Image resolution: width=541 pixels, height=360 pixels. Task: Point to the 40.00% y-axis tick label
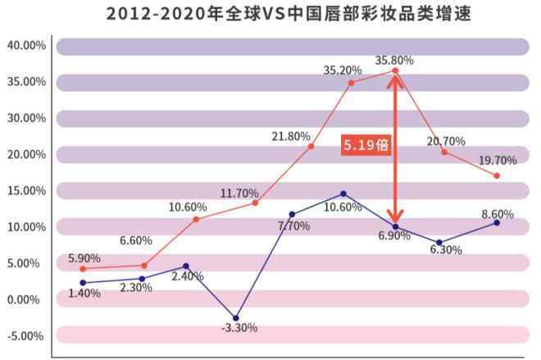point(27,45)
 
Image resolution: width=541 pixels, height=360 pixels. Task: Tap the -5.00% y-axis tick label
point(27,335)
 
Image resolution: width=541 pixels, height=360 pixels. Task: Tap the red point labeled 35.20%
point(351,83)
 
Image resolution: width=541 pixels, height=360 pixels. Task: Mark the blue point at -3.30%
point(236,318)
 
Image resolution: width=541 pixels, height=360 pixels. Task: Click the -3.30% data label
point(239,328)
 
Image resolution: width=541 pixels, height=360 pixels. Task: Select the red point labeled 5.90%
point(83,269)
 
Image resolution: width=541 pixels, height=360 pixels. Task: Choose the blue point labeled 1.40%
point(83,283)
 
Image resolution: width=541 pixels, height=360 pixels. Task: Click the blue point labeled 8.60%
point(497,223)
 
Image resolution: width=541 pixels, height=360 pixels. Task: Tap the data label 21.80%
point(292,135)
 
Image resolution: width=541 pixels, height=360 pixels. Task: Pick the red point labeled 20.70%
point(443,152)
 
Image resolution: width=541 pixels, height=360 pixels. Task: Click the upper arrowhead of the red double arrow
point(395,75)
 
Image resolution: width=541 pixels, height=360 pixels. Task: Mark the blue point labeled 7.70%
point(293,214)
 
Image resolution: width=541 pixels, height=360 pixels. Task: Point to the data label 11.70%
point(239,193)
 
